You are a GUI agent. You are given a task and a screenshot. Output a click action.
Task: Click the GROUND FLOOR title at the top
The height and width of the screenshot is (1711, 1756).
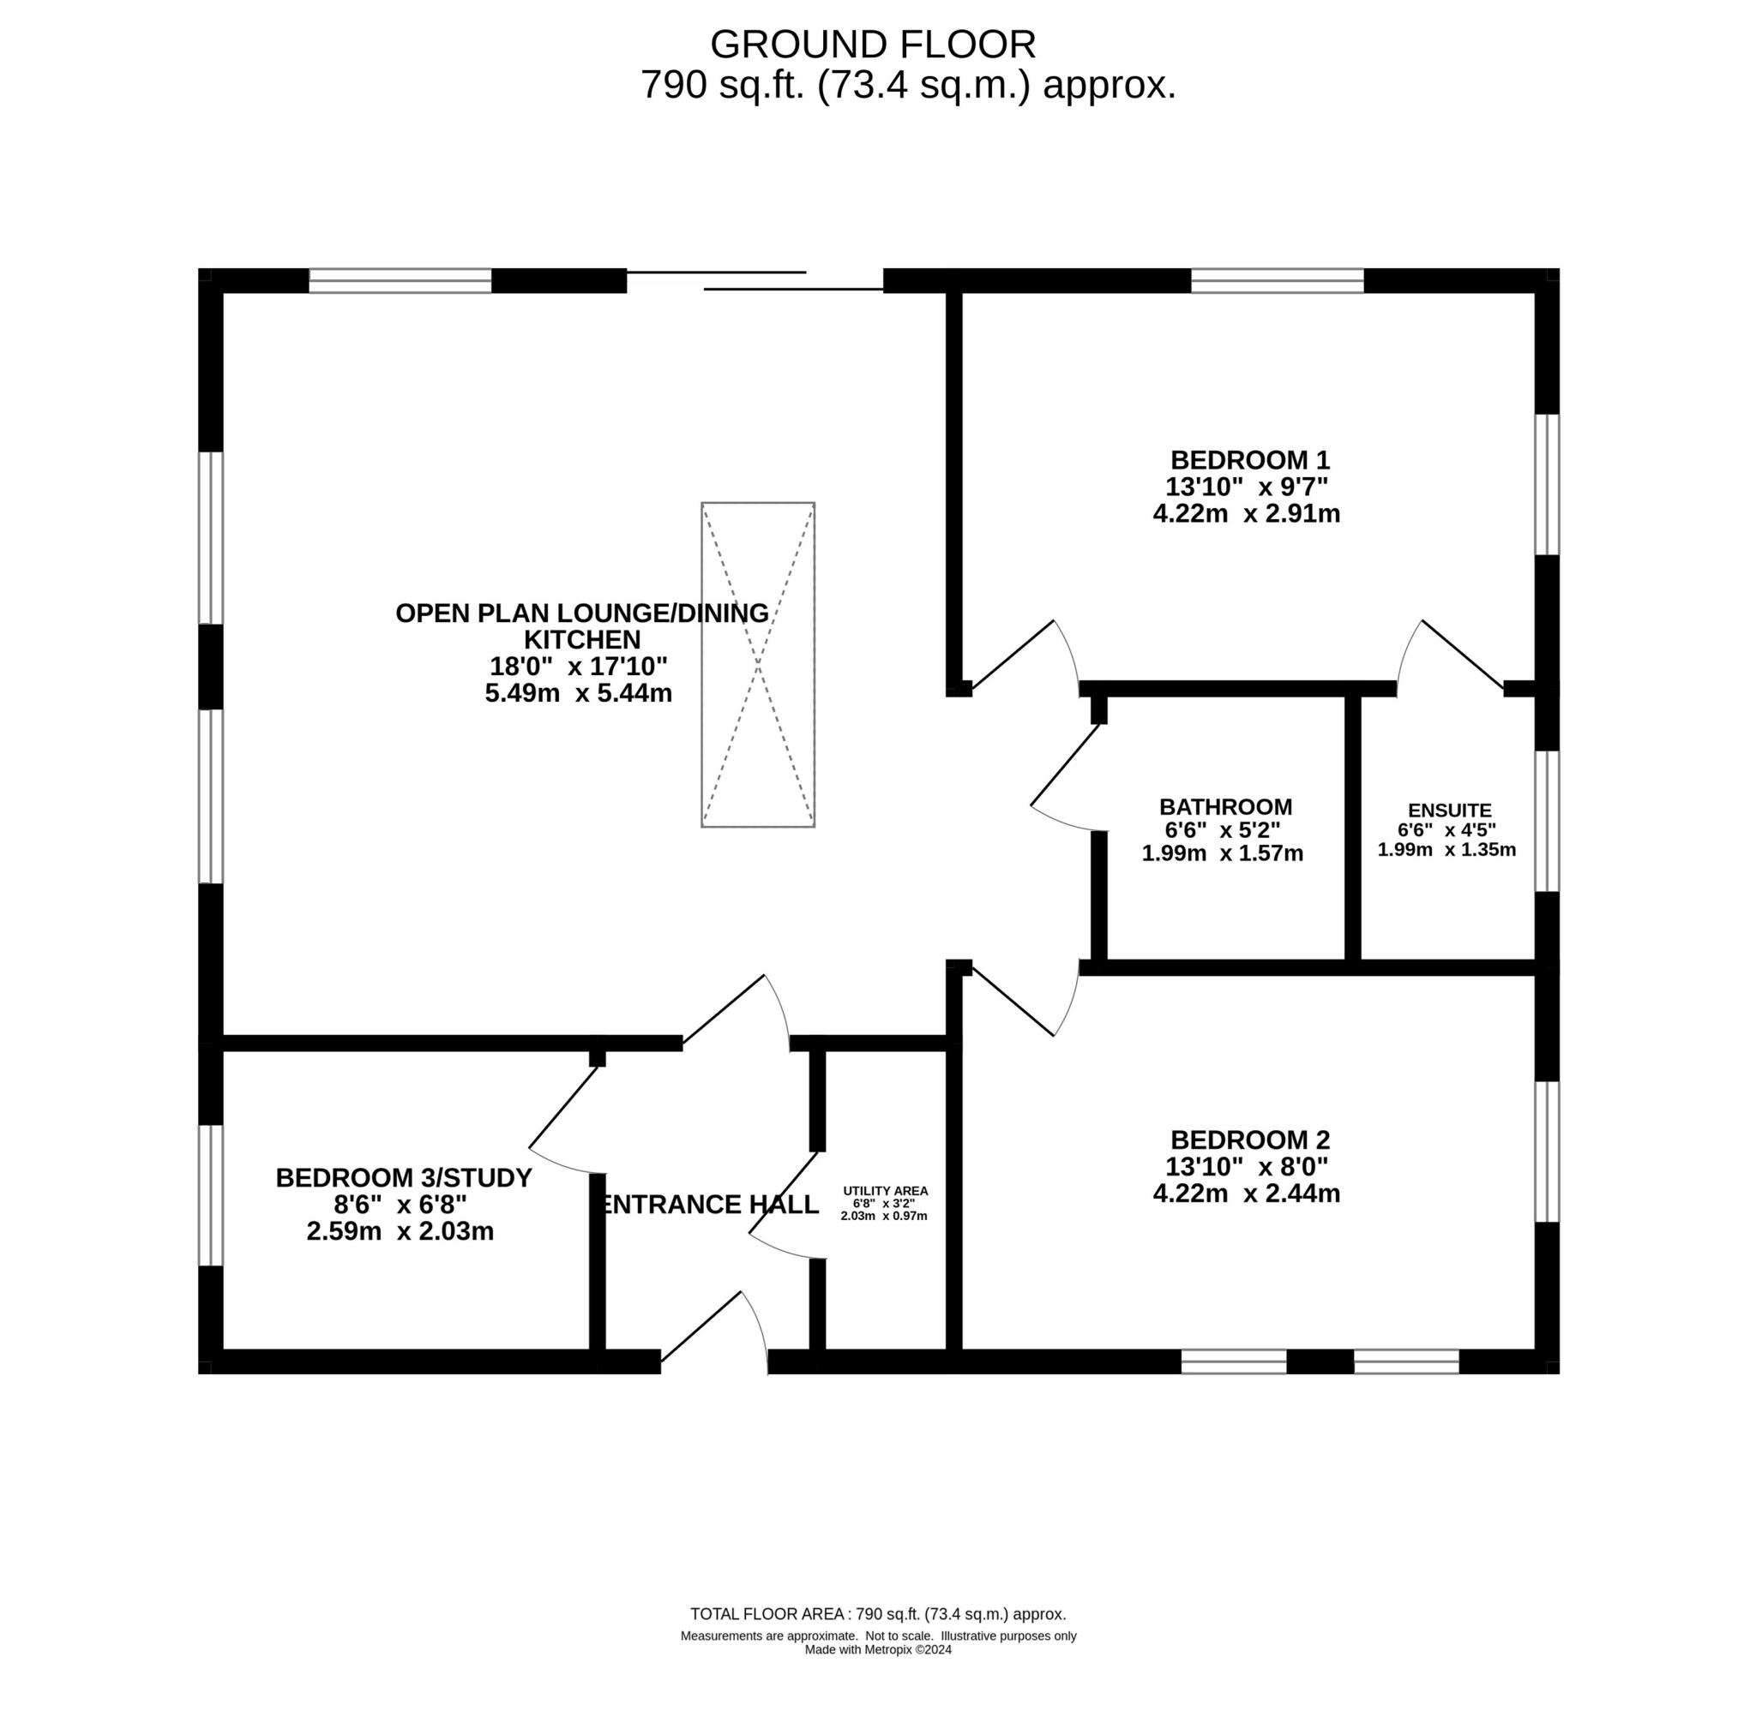872,44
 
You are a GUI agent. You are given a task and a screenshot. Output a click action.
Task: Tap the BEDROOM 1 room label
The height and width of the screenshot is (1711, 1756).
1249,460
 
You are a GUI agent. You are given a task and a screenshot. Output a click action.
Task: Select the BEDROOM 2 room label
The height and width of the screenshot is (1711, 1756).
1249,1140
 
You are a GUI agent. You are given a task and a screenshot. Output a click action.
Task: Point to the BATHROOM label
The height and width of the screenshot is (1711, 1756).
1224,807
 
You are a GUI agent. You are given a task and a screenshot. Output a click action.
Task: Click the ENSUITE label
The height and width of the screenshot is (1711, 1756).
1448,811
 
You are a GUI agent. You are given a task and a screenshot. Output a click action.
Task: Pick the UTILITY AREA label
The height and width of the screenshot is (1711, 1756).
885,1191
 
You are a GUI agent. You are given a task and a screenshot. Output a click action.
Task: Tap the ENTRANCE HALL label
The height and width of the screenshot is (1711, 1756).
709,1204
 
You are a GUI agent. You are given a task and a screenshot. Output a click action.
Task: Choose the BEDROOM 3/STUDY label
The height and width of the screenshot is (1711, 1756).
403,1177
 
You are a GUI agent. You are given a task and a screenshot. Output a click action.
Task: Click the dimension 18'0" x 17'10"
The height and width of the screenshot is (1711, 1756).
578,666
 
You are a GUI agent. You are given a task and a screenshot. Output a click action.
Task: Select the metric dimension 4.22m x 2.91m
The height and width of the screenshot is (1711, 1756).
1246,514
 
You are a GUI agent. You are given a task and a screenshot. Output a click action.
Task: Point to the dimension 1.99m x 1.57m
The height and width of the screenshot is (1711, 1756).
1222,853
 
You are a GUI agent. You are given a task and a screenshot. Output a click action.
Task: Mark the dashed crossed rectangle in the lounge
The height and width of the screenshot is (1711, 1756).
757,664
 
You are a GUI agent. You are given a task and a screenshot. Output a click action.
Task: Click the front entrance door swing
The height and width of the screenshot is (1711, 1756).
714,1332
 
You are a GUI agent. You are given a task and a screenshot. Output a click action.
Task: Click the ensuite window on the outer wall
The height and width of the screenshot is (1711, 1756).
1546,822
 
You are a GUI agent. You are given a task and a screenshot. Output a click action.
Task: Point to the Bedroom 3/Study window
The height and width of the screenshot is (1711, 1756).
210,1195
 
